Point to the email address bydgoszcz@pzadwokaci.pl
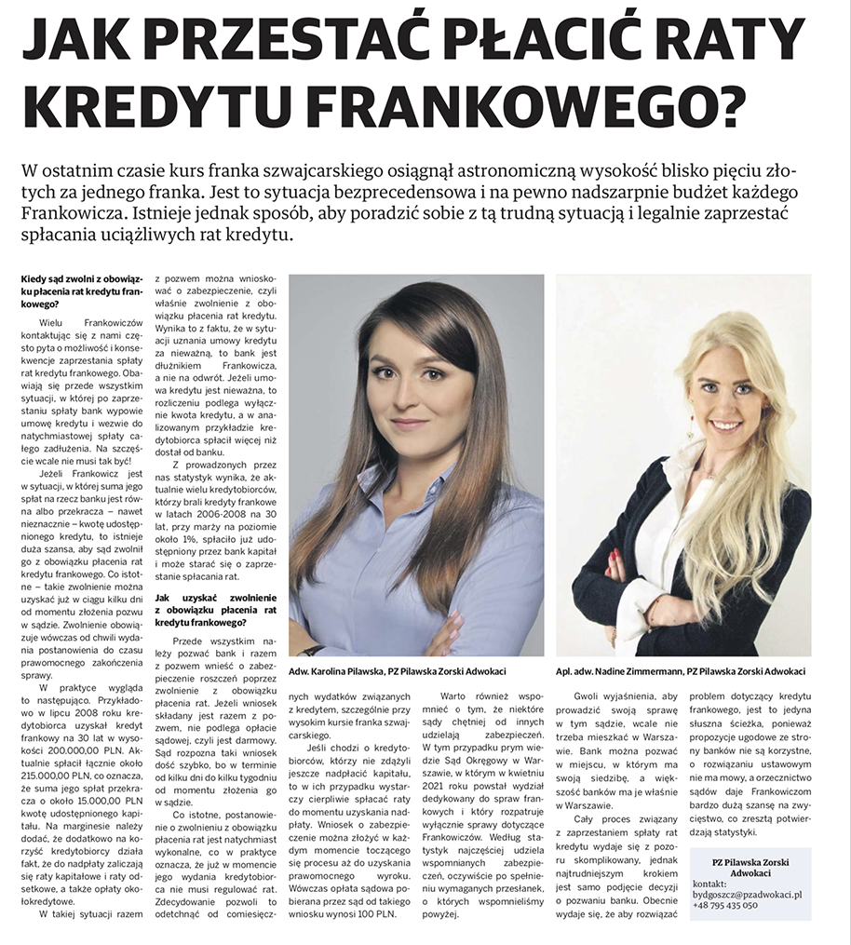pyautogui.click(x=747, y=893)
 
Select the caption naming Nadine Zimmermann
pyautogui.click(x=681, y=670)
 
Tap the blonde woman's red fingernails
pyautogui.click(x=615, y=559)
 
